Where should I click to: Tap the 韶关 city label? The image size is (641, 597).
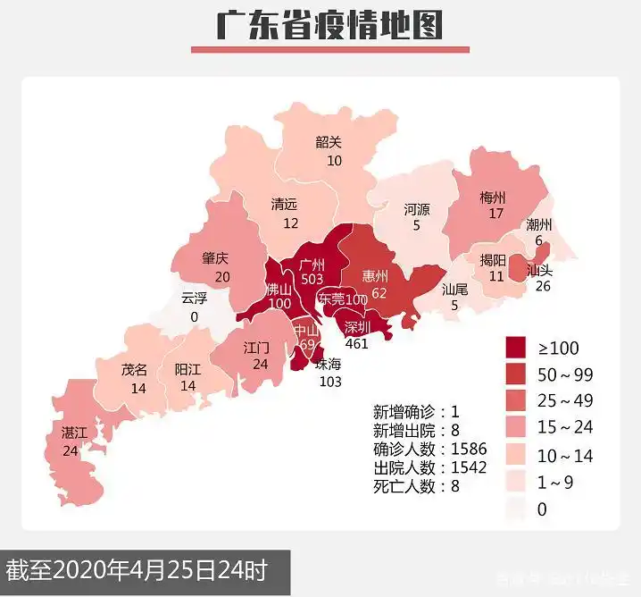click(329, 142)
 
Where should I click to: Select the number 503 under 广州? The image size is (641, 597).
click(312, 280)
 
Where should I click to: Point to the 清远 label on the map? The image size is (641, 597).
click(286, 205)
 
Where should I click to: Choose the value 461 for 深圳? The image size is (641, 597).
click(357, 343)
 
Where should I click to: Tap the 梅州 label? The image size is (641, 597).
click(492, 197)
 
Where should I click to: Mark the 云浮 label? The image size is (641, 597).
click(194, 298)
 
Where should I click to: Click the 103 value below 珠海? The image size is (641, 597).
click(331, 382)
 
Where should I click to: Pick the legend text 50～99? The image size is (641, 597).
click(565, 374)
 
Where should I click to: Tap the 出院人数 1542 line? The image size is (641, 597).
click(429, 468)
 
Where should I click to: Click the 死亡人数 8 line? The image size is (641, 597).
click(416, 487)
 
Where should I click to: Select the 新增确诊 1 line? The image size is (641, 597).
click(416, 412)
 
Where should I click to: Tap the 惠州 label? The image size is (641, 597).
click(376, 273)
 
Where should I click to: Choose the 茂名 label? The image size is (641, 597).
click(135, 370)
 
